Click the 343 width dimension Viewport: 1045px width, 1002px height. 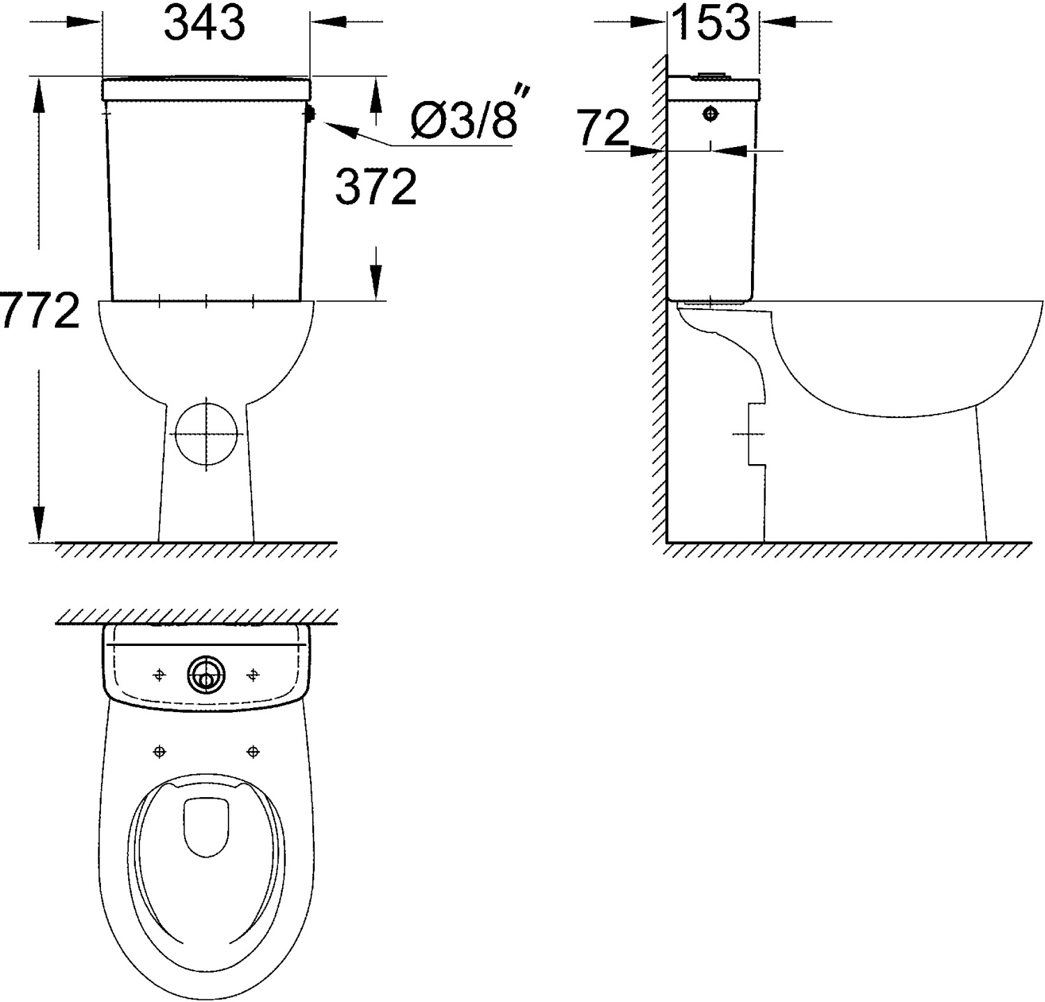pos(204,23)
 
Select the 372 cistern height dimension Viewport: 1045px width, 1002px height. pos(376,187)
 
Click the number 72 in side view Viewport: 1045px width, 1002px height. pos(604,128)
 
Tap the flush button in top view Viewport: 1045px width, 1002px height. pos(206,675)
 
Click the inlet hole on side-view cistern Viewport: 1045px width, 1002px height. pos(711,113)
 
